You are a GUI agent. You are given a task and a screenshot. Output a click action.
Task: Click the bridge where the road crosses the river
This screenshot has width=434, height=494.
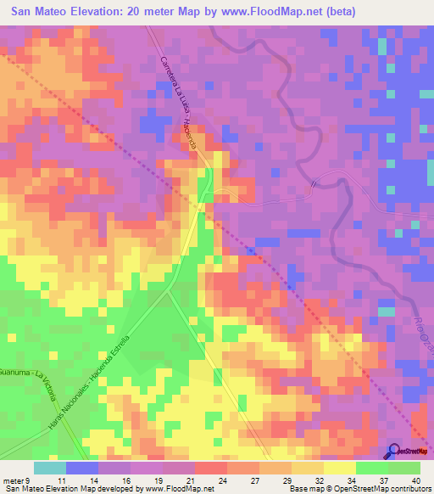click(x=316, y=182)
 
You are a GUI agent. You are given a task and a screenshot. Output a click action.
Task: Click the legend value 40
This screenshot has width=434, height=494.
click(x=415, y=480)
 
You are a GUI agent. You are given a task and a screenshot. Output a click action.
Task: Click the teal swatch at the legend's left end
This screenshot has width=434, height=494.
click(x=50, y=468)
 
